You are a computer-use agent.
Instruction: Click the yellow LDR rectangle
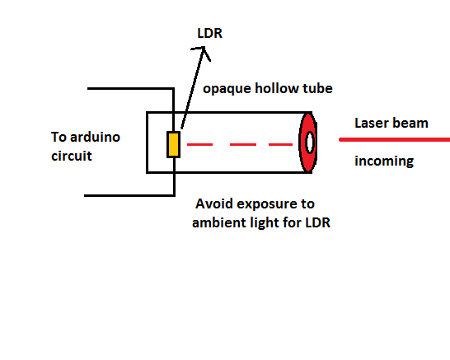tap(174, 144)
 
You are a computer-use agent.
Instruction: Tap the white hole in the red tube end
tap(310, 143)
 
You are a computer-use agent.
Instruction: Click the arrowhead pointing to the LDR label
tap(202, 52)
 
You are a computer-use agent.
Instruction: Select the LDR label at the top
tap(210, 33)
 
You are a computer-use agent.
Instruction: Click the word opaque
tap(227, 89)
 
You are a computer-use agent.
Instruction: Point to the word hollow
tap(274, 88)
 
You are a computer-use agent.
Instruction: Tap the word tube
tap(314, 88)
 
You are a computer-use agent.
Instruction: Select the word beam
tap(410, 123)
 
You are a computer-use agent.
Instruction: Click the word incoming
tap(384, 161)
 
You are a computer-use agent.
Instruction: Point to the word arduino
tap(95, 137)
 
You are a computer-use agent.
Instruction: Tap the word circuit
tap(72, 156)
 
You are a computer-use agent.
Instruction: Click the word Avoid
tap(214, 203)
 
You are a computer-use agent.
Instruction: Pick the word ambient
tap(219, 222)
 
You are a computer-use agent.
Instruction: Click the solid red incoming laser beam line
tap(394, 140)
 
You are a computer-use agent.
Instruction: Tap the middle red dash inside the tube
tap(243, 144)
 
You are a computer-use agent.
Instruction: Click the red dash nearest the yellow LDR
tap(199, 144)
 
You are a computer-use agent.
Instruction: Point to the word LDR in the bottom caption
tap(317, 222)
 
